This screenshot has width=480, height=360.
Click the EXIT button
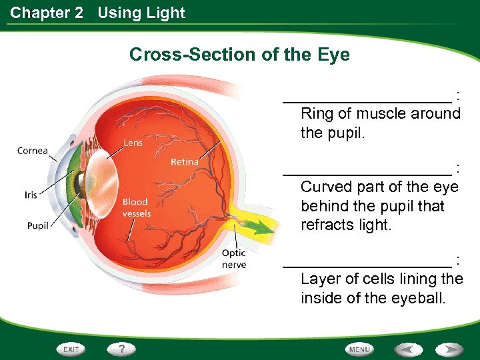point(72,349)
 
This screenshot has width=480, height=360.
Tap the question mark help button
point(122,349)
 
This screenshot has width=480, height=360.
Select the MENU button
point(359,349)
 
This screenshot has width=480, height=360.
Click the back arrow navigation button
point(408,349)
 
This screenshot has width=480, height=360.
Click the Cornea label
point(33,151)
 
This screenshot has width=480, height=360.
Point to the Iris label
point(31,195)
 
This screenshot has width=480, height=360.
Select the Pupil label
point(38,226)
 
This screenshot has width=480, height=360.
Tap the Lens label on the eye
point(133,143)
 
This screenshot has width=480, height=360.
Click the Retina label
point(184,162)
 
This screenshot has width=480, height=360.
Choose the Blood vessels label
point(136,207)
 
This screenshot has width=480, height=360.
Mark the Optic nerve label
point(234,259)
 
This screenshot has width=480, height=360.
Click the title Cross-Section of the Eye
point(239,54)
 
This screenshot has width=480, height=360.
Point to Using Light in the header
point(141,13)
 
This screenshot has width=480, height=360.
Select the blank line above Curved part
point(367,172)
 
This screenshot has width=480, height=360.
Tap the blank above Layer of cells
point(367,263)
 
